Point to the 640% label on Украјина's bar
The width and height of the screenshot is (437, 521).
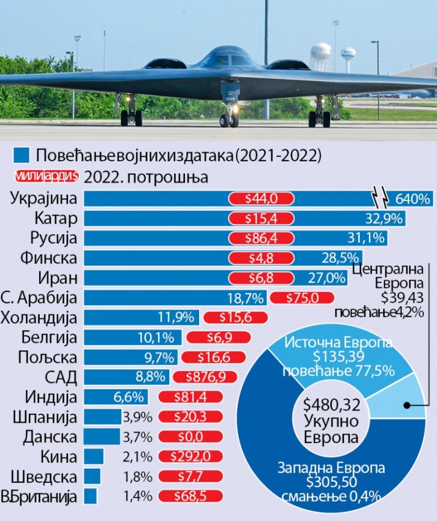[x=412, y=199]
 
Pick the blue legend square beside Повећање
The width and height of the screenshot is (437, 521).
[x=22, y=155]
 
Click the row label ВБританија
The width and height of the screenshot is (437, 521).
[x=39, y=495]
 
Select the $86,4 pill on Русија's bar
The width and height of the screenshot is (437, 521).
[x=261, y=238]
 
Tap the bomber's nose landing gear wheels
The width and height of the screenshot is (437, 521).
[x=229, y=120]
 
